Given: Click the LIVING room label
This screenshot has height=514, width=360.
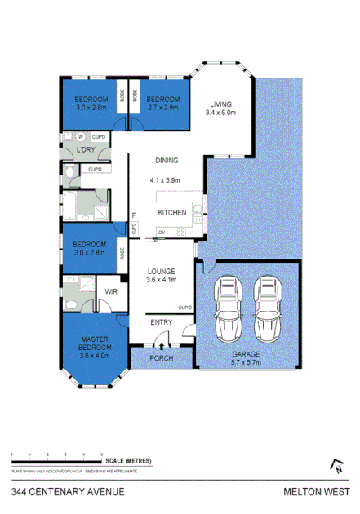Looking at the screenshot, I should (x=220, y=104).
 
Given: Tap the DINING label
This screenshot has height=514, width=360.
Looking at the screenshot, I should (x=166, y=161).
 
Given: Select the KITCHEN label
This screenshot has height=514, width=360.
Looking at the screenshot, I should (x=171, y=213).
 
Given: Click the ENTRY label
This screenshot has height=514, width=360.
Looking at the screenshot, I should (x=162, y=323).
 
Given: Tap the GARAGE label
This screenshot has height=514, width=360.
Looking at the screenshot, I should (x=245, y=355).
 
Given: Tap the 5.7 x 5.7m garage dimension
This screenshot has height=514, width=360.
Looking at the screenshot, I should (x=245, y=364).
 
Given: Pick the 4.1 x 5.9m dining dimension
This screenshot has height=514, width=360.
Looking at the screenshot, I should (x=165, y=180).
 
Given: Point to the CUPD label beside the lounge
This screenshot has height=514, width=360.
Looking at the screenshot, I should (x=184, y=308).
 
